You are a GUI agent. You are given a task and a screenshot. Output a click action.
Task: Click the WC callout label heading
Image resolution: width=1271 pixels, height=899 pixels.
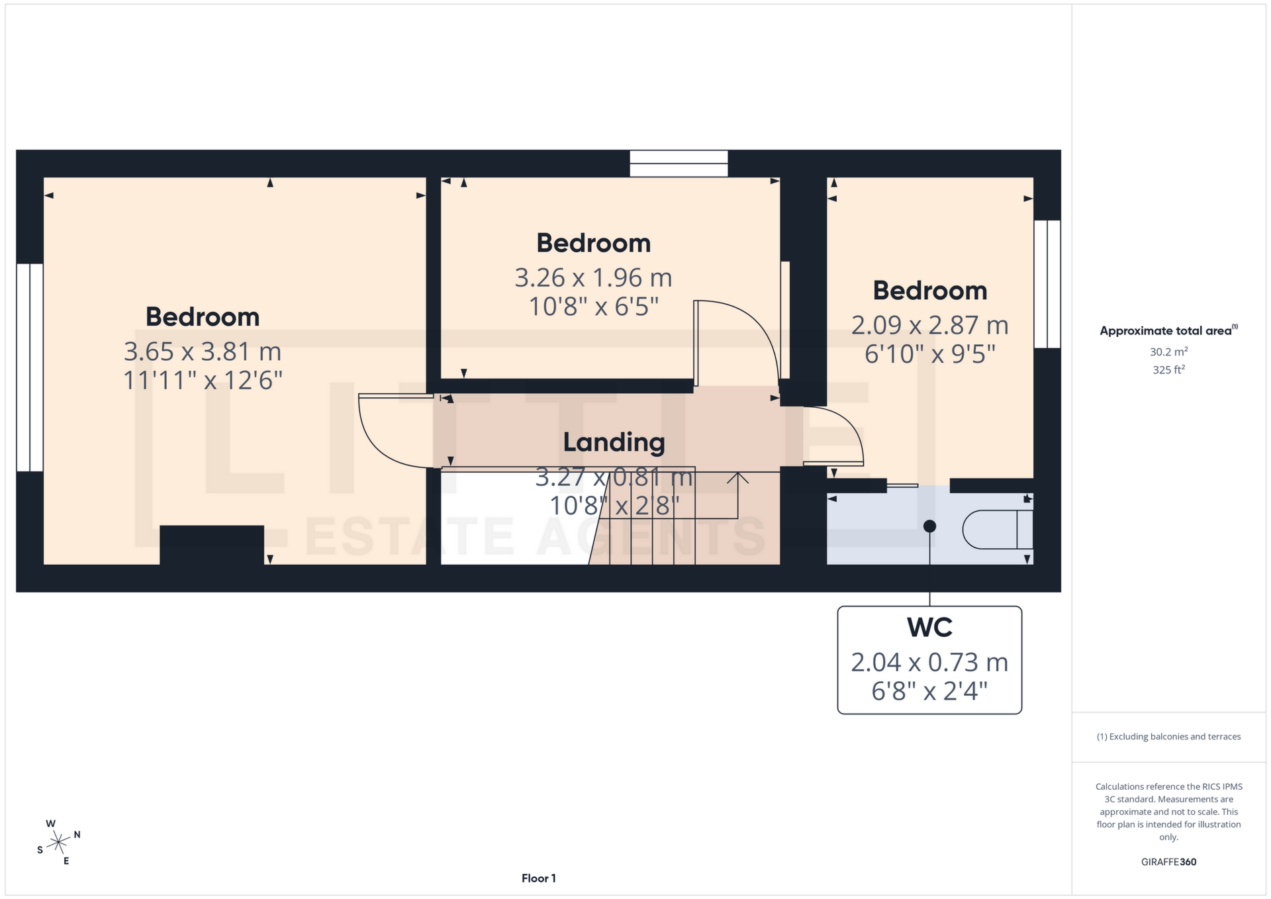tap(929, 627)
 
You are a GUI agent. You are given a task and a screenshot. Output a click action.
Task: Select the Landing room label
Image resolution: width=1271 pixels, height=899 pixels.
tap(614, 442)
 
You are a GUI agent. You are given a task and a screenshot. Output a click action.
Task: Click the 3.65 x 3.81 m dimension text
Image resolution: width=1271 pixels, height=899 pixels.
tap(203, 352)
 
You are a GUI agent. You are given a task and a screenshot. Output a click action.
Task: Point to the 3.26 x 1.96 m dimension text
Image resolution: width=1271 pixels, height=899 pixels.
tap(593, 278)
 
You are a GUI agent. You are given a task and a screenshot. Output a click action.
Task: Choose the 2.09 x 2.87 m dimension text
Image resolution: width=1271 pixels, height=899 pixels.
tap(929, 325)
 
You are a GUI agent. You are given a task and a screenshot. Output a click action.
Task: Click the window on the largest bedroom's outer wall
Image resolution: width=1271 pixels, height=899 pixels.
tap(30, 367)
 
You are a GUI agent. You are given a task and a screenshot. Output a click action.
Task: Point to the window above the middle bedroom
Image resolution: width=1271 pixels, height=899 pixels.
tap(679, 164)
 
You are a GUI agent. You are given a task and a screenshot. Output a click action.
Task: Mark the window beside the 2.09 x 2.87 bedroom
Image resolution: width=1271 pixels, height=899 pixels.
tap(1047, 284)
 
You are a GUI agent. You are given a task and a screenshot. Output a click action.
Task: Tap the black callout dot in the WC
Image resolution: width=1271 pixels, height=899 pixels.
tap(929, 526)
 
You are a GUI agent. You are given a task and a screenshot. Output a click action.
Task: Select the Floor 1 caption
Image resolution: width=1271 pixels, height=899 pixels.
tap(538, 878)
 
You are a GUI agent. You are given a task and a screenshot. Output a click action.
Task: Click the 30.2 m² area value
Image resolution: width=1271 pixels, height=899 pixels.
tap(1168, 352)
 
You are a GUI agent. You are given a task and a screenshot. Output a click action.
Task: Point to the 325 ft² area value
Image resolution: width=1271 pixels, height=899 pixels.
tap(1168, 370)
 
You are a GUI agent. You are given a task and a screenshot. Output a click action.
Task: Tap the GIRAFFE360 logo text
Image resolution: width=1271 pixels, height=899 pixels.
tap(1168, 862)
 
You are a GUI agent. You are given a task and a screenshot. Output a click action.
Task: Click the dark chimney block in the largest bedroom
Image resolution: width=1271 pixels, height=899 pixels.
tap(212, 545)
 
